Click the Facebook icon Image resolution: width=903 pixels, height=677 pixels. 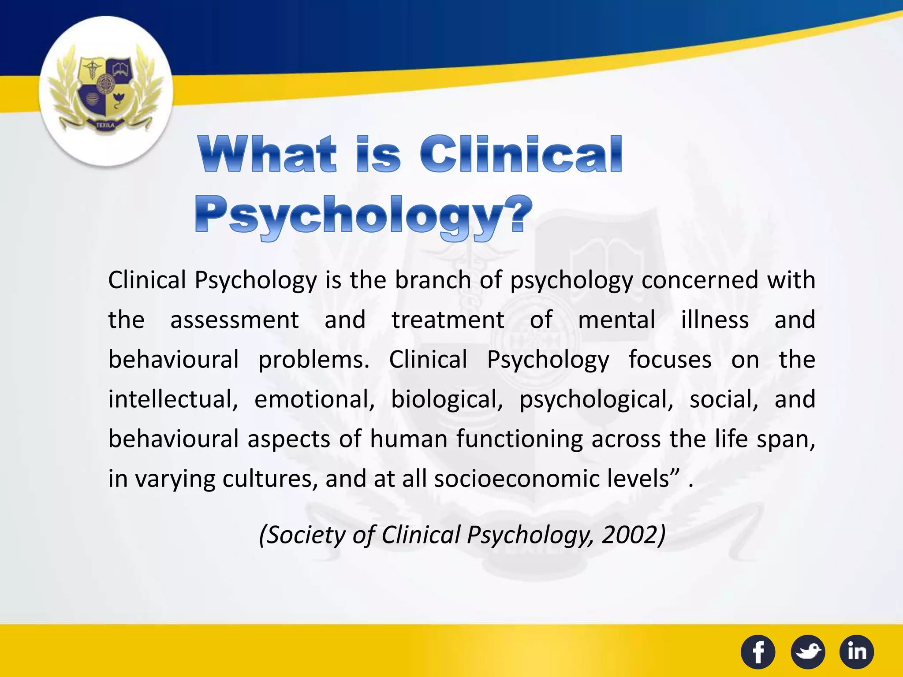point(757,652)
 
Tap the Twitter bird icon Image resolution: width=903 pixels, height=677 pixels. point(808,652)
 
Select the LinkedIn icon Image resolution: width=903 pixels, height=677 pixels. point(857,652)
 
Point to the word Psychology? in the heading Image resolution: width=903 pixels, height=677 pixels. point(363,216)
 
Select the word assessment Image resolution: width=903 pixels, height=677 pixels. point(235,320)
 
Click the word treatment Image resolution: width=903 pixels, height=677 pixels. point(448,320)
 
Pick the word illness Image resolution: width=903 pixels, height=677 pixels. point(714,320)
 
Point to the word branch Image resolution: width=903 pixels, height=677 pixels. point(433,280)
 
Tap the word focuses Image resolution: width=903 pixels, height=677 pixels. point(670,360)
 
